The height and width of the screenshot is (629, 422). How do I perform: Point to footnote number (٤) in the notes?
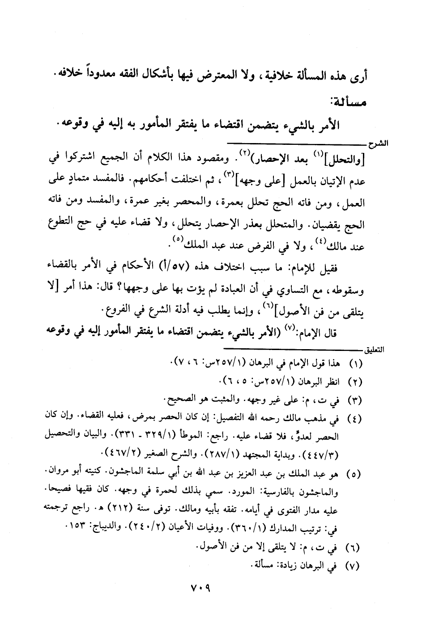click(x=355, y=419)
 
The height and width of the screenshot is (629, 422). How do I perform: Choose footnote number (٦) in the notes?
click(x=355, y=546)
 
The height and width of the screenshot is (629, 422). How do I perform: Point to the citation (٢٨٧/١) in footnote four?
click(x=230, y=455)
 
